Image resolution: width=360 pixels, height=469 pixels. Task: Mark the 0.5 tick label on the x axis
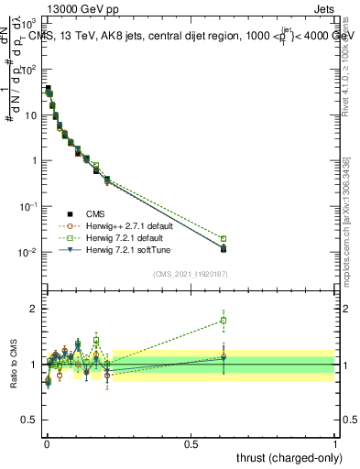191,444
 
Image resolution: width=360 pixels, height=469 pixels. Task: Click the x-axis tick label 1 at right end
335,444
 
